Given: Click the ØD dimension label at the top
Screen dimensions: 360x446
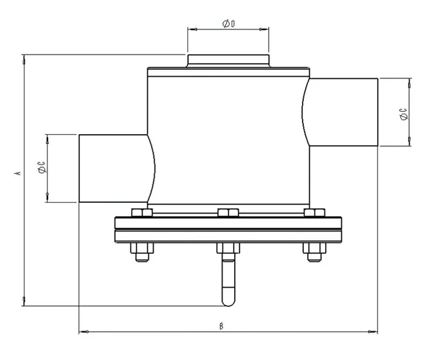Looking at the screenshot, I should (228, 24).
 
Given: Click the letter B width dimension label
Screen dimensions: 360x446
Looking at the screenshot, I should (221, 325).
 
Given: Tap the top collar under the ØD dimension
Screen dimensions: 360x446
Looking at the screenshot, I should (228, 61).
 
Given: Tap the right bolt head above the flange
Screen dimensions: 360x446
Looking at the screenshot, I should (314, 213).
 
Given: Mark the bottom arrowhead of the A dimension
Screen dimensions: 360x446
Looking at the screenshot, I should (24, 301).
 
